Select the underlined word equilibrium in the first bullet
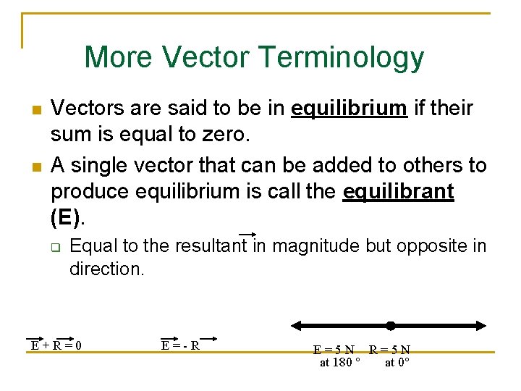[x=349, y=109]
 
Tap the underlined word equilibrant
[x=399, y=193]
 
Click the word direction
[x=106, y=269]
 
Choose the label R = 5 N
[x=389, y=350]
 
